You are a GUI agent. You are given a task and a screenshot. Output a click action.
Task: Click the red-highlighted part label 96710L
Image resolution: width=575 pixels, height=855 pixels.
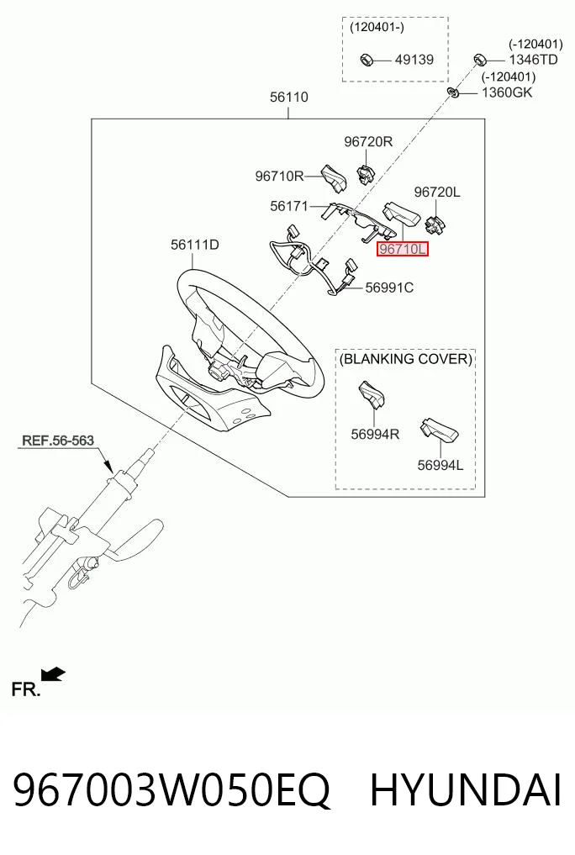(x=404, y=249)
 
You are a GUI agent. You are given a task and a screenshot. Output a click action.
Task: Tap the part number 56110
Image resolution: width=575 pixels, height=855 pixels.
(x=289, y=97)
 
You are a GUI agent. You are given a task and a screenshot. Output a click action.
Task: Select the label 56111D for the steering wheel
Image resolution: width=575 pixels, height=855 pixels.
(x=194, y=245)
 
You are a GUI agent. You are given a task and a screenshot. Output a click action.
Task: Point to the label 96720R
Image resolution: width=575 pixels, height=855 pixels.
(x=368, y=141)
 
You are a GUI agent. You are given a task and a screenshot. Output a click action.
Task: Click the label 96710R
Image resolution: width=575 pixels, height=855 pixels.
(x=280, y=176)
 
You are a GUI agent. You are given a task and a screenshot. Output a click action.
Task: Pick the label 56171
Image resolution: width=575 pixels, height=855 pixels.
(x=289, y=206)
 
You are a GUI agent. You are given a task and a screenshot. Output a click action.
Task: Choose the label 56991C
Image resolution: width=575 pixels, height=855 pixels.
(x=389, y=288)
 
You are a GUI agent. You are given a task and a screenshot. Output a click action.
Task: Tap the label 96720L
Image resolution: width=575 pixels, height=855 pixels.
(x=437, y=192)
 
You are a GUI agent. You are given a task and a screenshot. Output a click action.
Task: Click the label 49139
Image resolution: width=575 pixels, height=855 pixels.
(x=414, y=60)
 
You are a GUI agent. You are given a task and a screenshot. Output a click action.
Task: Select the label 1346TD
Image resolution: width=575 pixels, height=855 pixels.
(x=534, y=60)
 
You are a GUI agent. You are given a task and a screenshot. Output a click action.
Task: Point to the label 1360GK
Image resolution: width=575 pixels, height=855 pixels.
(x=507, y=92)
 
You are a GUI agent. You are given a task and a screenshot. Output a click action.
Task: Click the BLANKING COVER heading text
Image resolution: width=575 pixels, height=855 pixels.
(x=405, y=359)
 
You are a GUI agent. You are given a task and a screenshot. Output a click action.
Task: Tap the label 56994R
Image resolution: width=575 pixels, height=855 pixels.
(x=375, y=434)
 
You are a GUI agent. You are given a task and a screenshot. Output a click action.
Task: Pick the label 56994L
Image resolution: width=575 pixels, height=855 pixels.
(x=440, y=465)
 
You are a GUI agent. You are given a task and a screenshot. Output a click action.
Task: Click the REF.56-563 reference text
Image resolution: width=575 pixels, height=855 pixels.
(x=58, y=440)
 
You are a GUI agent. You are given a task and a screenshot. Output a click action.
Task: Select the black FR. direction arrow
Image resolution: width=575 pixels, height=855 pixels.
(x=54, y=674)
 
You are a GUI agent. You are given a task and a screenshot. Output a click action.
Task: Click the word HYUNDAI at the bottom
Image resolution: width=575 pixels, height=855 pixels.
(x=466, y=790)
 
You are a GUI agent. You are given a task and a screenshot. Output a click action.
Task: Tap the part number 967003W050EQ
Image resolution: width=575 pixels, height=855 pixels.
(x=171, y=790)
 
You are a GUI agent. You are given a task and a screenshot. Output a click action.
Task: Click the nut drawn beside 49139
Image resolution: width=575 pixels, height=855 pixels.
(x=367, y=59)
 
